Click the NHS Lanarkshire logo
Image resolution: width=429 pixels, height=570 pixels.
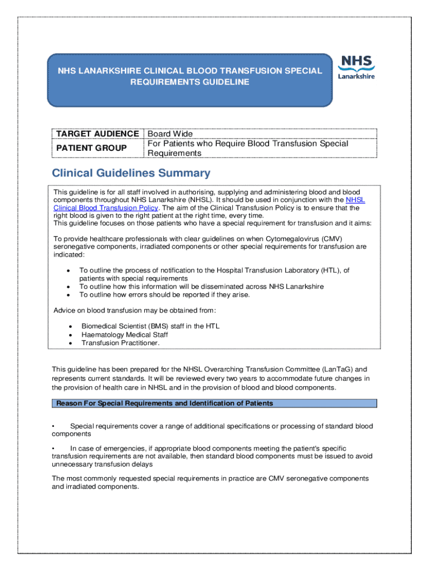tap(357, 67)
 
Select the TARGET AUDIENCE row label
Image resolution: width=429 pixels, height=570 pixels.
tap(96, 134)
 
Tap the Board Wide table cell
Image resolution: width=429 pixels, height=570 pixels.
tap(170, 134)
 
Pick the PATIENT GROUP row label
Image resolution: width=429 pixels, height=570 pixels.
tap(91, 148)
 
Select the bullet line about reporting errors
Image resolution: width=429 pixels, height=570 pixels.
tap(164, 294)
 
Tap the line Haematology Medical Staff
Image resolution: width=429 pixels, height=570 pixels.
tap(124, 335)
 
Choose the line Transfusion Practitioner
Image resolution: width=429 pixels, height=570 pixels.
tap(120, 343)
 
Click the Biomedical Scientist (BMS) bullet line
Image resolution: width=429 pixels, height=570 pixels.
tap(150, 326)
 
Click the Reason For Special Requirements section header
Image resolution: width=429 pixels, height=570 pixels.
tap(164, 403)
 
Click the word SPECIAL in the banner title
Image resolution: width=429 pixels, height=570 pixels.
tap(306, 71)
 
